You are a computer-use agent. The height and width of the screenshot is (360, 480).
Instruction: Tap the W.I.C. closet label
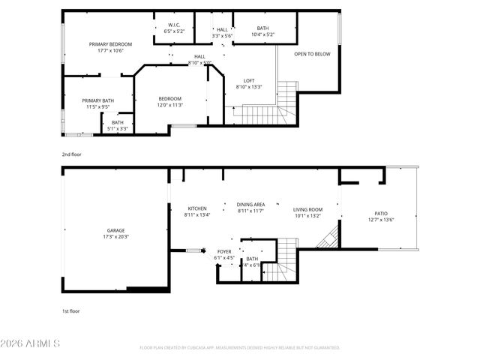174,26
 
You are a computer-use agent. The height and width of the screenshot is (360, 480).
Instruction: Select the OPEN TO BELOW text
312,54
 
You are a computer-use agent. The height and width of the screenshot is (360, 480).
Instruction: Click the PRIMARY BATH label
97,100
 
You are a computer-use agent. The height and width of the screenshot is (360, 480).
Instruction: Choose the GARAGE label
115,230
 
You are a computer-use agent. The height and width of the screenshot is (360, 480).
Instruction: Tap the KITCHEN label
196,208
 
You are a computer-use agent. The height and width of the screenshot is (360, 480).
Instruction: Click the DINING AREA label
250,204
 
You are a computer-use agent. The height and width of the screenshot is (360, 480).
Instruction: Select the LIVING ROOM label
307,209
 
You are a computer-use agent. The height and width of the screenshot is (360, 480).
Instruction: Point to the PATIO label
381,214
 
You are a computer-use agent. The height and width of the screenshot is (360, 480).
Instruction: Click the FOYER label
224,251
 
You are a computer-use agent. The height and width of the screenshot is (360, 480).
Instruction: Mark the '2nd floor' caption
72,154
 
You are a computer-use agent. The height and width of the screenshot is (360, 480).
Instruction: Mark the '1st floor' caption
71,310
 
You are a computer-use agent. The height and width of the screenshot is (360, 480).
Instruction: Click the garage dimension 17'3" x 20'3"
115,237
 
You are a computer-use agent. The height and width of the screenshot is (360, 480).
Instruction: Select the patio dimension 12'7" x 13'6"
381,220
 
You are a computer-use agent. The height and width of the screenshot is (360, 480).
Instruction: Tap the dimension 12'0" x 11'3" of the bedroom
170,105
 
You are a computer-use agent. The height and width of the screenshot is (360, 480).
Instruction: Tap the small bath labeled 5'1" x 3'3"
118,125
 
